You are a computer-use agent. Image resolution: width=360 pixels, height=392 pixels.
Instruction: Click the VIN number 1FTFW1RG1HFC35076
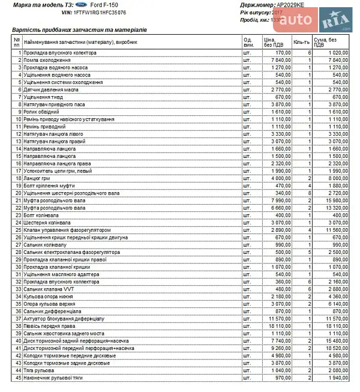pyautogui.click(x=101, y=12)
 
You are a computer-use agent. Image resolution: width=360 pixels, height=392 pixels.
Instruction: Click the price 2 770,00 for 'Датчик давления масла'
pyautogui.click(x=279, y=89)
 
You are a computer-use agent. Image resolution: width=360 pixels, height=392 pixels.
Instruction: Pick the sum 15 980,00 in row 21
pyautogui.click(x=335, y=201)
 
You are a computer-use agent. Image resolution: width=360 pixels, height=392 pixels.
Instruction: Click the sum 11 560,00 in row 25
pyautogui.click(x=335, y=230)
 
